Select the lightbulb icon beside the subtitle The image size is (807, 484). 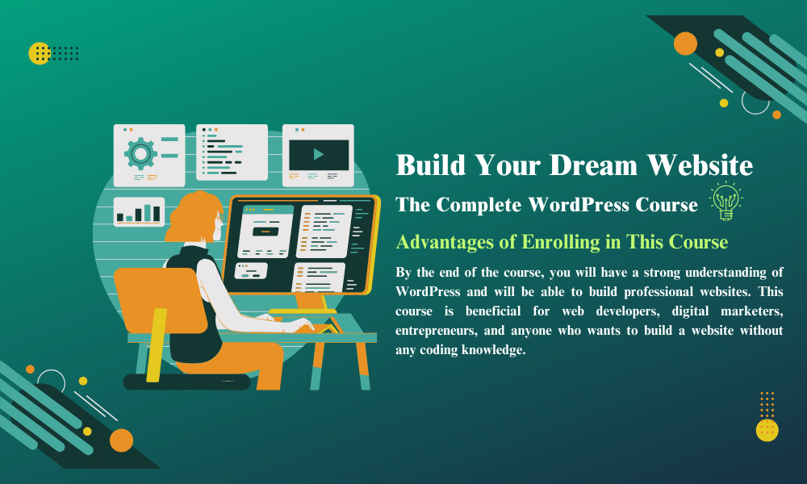(725, 201)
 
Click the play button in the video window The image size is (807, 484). (319, 154)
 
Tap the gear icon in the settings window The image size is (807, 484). (140, 153)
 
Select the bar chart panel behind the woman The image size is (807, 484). (139, 211)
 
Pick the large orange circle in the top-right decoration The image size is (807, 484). (685, 44)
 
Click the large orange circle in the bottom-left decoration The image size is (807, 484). (121, 440)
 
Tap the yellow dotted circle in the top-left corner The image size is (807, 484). (40, 53)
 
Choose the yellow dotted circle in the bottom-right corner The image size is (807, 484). (767, 430)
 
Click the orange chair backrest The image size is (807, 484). (160, 301)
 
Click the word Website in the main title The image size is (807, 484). (700, 165)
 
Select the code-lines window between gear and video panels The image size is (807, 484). (232, 152)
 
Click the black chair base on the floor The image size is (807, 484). (186, 382)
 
